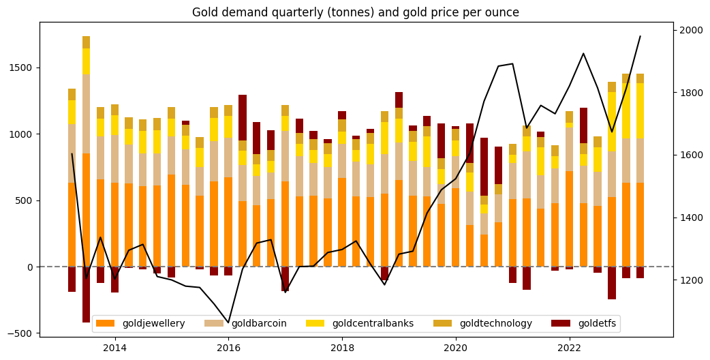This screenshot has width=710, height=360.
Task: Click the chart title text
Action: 355,12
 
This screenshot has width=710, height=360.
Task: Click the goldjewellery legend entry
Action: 153,323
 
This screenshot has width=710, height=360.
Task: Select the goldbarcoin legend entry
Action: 259,323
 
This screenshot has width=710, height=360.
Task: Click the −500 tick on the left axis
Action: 20,333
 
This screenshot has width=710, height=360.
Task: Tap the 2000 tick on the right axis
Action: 690,30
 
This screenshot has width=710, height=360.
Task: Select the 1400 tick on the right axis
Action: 690,218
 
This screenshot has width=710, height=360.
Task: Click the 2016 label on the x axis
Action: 228,348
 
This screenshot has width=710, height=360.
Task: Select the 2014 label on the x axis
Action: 114,348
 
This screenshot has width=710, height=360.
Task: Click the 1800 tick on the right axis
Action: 690,93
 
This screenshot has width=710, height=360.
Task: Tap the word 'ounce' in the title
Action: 503,12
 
